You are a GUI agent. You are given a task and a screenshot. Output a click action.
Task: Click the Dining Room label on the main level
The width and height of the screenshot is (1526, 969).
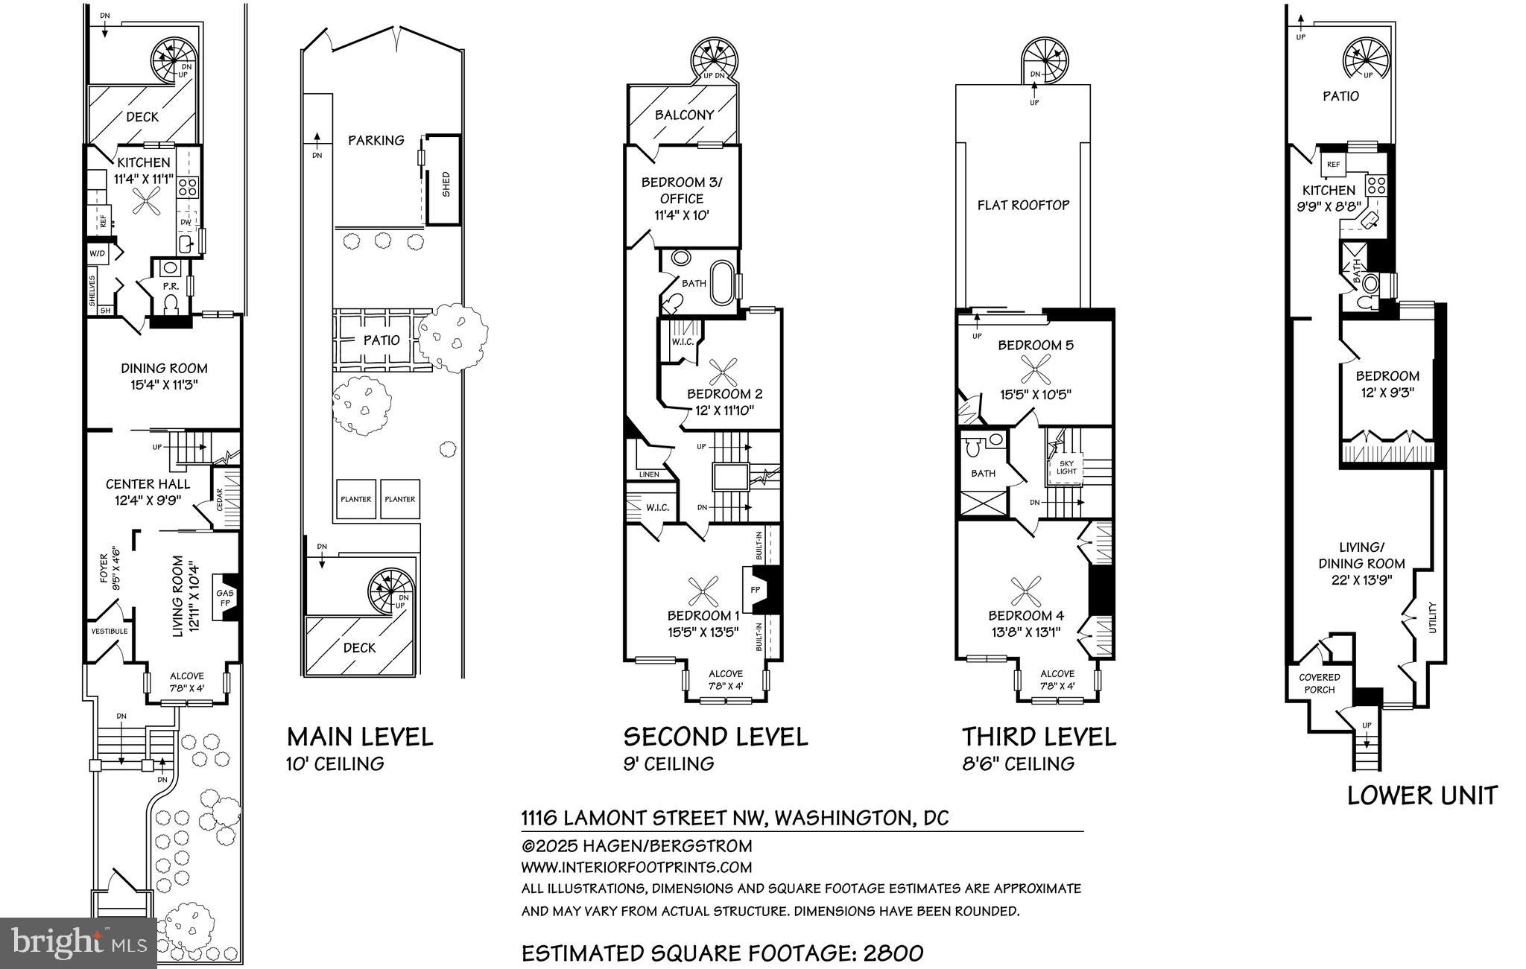click(164, 368)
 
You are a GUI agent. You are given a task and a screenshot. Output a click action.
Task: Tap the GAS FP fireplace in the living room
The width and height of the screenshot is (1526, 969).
click(225, 598)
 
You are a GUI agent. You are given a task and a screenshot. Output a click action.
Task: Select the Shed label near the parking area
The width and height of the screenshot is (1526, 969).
click(446, 183)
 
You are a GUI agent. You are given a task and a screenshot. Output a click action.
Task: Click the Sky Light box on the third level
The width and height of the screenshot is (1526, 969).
click(1066, 467)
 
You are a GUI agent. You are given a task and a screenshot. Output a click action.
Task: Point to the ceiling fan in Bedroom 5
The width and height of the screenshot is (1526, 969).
click(1035, 369)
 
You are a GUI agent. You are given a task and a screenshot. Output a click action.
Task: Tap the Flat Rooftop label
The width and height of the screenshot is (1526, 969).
click(1023, 205)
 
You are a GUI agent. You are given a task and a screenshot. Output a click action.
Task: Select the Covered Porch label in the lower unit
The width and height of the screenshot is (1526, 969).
click(1319, 683)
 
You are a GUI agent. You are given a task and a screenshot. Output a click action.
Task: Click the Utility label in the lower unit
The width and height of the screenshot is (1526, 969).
click(1431, 617)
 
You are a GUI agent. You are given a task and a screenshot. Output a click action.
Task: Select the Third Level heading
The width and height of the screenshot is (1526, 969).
click(1039, 737)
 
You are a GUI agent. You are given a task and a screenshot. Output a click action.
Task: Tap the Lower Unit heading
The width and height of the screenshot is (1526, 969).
click(1422, 795)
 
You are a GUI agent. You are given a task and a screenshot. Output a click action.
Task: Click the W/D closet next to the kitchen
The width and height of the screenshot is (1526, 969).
click(98, 254)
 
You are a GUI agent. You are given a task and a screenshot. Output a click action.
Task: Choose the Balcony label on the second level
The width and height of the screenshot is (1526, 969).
click(684, 115)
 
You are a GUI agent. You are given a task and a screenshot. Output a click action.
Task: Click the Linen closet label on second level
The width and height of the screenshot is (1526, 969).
click(648, 474)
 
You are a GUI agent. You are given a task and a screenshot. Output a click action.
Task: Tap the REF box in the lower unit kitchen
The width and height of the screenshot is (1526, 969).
click(1333, 165)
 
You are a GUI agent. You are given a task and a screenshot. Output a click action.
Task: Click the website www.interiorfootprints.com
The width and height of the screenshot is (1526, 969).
click(636, 867)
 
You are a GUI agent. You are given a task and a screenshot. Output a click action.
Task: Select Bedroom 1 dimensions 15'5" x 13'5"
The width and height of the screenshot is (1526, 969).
click(703, 632)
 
